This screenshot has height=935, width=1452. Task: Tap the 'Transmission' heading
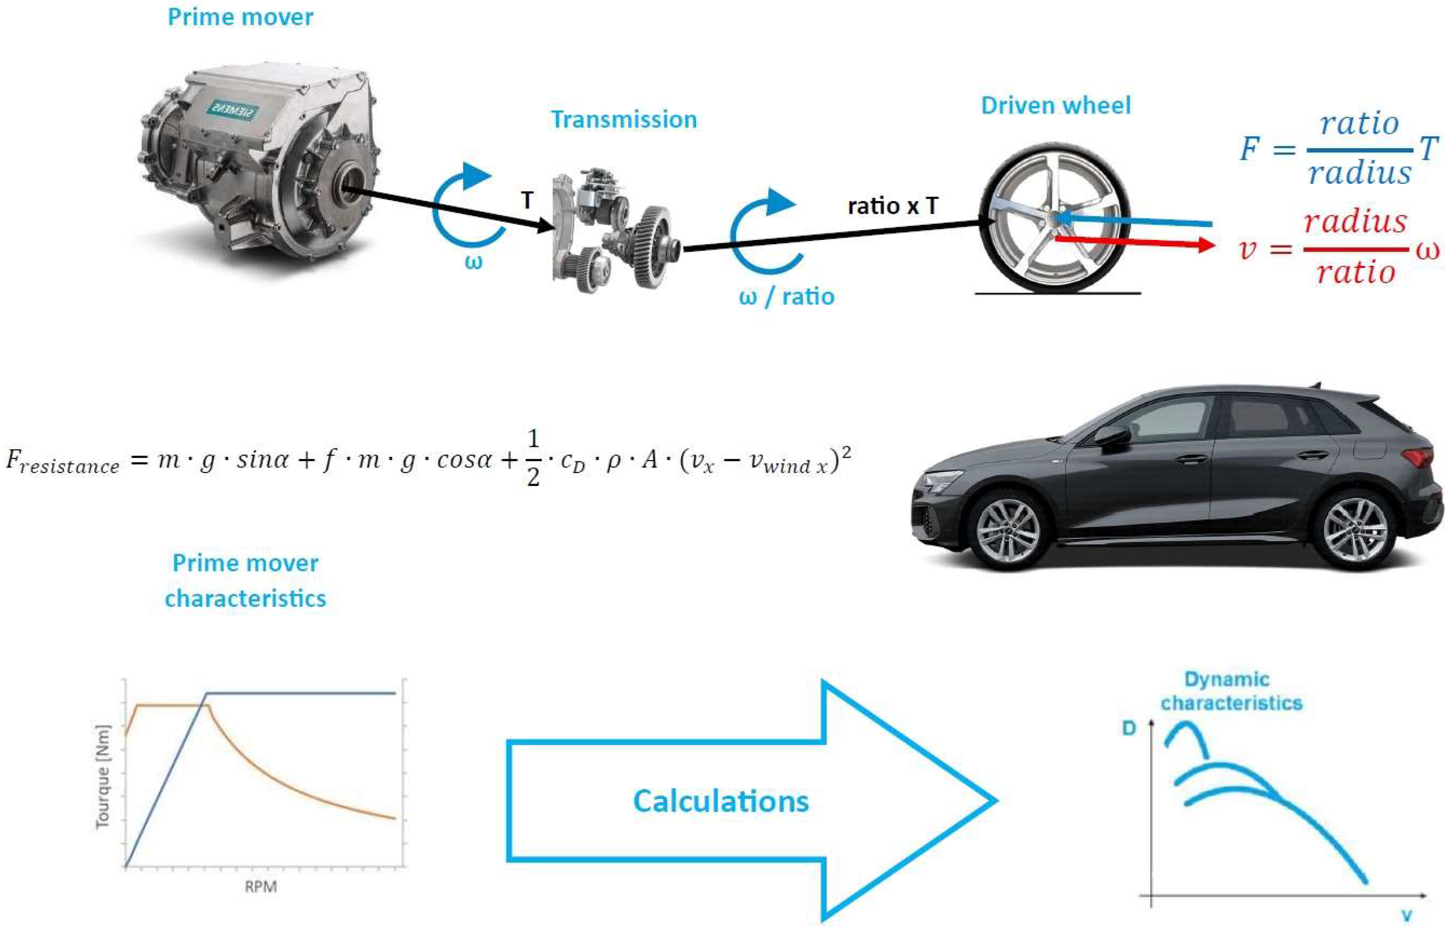coord(624,120)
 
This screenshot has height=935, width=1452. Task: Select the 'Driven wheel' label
coord(1056,106)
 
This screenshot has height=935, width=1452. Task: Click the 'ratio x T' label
coord(893,207)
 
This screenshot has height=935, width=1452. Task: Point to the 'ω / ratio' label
coord(786,297)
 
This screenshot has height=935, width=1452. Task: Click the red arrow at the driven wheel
coord(1135,243)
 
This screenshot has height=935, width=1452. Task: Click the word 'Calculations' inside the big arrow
coord(721,801)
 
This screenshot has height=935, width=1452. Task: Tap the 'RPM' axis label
coord(261,887)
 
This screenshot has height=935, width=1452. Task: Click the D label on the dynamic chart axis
coord(1128,728)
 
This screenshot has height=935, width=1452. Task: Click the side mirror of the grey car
coord(1113,435)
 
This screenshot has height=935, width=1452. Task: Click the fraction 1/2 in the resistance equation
coord(533,458)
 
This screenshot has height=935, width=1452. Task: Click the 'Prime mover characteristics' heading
coord(245,580)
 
